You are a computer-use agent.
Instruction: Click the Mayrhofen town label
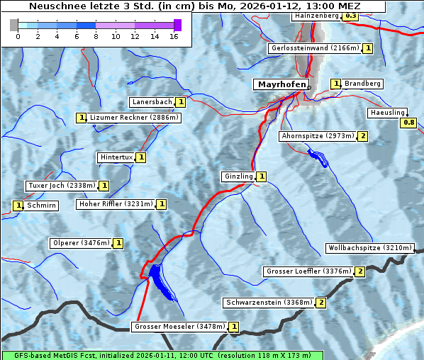coord(281,84)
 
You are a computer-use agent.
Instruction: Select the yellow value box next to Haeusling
coord(408,123)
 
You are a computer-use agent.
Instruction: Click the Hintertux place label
coord(116,157)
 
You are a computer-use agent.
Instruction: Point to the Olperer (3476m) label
coord(81,243)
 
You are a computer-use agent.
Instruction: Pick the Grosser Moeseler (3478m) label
coord(179,327)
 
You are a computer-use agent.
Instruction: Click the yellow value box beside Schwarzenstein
coord(320,303)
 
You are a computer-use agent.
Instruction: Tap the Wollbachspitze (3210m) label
coord(369,248)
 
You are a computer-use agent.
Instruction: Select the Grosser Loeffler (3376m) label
coord(308,271)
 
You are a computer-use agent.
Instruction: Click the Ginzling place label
coord(238,176)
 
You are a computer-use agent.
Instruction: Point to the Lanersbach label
coord(152,102)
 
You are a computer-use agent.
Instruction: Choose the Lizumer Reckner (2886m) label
coord(133,118)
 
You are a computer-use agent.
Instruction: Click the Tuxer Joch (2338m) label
coord(61,186)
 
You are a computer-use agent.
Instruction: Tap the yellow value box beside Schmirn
coord(18,206)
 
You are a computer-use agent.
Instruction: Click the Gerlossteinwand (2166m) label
coord(314,48)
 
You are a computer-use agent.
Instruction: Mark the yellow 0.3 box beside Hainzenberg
coord(350,16)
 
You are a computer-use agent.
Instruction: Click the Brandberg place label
coord(363,84)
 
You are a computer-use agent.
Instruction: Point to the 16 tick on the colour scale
coord(174,36)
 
